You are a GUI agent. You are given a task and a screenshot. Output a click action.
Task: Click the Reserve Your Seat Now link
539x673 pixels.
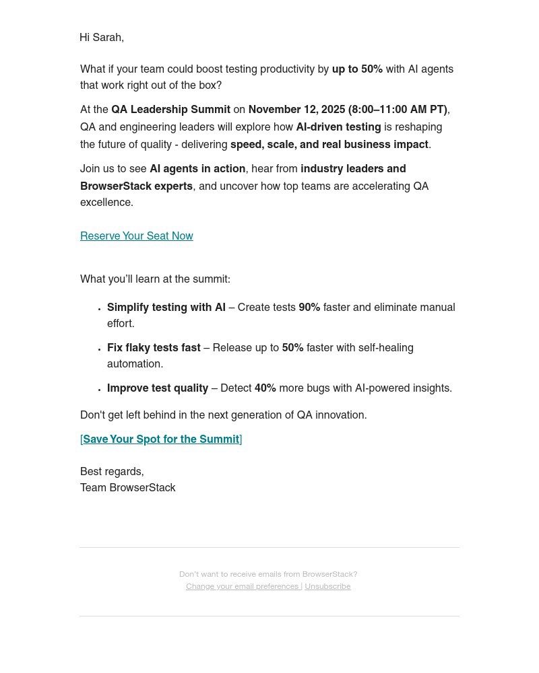click(x=136, y=236)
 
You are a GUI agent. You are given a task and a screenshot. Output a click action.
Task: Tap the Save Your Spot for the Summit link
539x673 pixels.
click(x=161, y=439)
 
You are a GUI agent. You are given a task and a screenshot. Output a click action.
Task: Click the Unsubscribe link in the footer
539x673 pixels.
click(x=327, y=586)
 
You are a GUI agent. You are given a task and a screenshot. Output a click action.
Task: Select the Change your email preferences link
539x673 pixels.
click(x=243, y=586)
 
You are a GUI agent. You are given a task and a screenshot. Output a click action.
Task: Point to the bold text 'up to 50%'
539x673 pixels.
click(x=357, y=69)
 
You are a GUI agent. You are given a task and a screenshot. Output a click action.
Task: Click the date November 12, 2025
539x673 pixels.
click(x=296, y=110)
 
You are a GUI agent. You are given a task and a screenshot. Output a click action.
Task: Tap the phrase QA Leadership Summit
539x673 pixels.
click(x=170, y=110)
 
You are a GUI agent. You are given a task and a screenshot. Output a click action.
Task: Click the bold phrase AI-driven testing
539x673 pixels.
click(x=338, y=127)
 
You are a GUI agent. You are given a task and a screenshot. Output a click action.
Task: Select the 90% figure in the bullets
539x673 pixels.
click(x=309, y=308)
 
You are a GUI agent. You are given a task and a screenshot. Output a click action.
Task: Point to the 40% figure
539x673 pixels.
click(x=265, y=388)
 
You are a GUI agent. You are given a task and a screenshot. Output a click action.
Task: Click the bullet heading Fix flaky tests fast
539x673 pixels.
click(x=154, y=348)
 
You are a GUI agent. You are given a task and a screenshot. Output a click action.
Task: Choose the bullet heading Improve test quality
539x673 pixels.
click(x=158, y=388)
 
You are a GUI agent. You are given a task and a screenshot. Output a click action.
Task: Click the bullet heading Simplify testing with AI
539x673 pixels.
click(x=166, y=308)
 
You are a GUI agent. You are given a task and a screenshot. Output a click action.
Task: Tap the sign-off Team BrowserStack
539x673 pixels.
click(x=128, y=488)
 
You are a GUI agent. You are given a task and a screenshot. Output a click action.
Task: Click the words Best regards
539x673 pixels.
click(x=111, y=472)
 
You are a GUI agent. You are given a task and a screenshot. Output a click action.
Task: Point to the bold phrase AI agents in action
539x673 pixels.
click(x=197, y=169)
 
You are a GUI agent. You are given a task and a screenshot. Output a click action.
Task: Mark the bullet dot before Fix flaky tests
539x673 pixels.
click(x=100, y=349)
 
